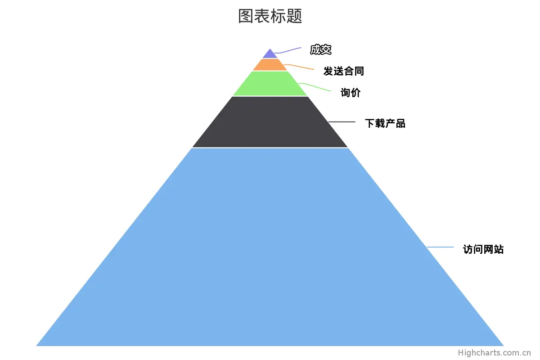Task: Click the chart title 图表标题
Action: pyautogui.click(x=270, y=16)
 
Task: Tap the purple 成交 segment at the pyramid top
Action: pyautogui.click(x=270, y=54)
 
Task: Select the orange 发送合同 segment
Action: pyautogui.click(x=270, y=65)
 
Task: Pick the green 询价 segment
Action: pyautogui.click(x=270, y=84)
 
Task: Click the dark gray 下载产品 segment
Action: pyautogui.click(x=270, y=122)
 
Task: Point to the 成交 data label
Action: pyautogui.click(x=320, y=50)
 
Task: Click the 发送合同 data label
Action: pyautogui.click(x=343, y=71)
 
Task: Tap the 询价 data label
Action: pyautogui.click(x=351, y=93)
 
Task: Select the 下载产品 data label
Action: pyautogui.click(x=385, y=123)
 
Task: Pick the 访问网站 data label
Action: pyautogui.click(x=483, y=249)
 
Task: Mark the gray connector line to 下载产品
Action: pyautogui.click(x=342, y=122)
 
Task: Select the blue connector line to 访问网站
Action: pyautogui.click(x=440, y=247)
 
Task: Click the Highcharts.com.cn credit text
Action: pyautogui.click(x=495, y=353)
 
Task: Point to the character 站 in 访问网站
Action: pyautogui.click(x=499, y=249)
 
